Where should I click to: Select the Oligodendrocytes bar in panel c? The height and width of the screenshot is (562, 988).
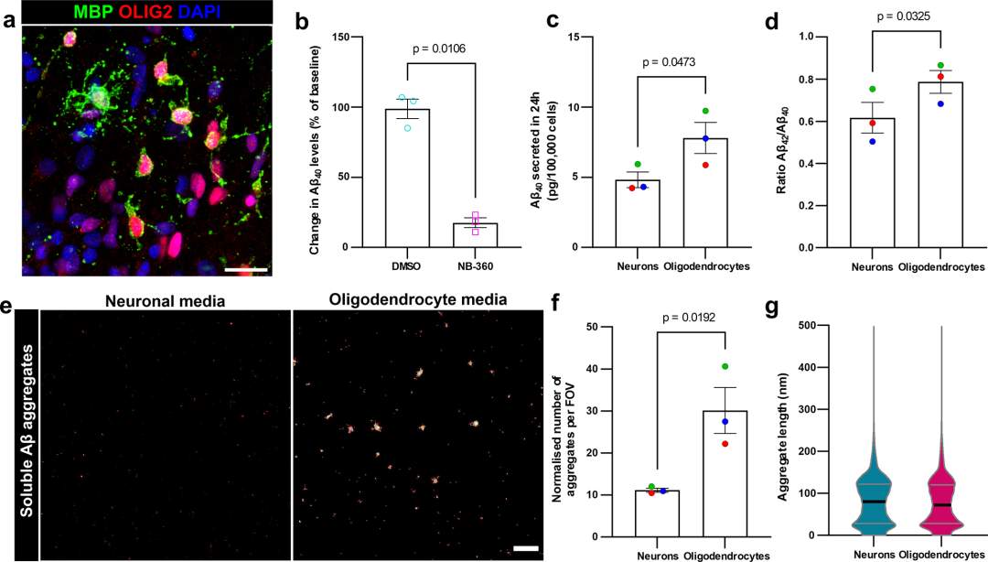point(705,193)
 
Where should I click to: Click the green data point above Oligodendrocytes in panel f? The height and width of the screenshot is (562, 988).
point(725,366)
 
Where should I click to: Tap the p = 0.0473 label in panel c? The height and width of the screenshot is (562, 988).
point(671,63)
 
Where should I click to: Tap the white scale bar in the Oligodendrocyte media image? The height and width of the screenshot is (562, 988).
point(524,547)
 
